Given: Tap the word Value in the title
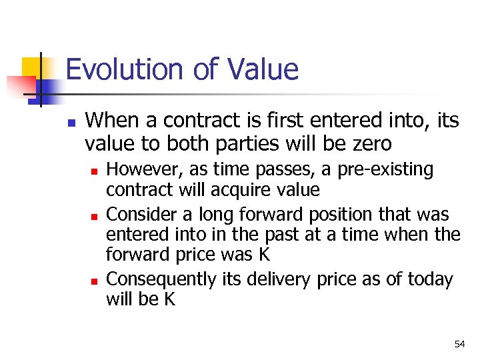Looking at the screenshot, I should click(x=263, y=69).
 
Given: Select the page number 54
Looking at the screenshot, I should click(x=459, y=344).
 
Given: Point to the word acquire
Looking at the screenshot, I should click(x=240, y=190).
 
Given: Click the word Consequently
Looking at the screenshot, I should click(x=160, y=279).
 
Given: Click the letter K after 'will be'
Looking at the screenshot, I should click(x=169, y=300).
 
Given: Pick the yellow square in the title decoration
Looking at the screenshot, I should click(x=31, y=67).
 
